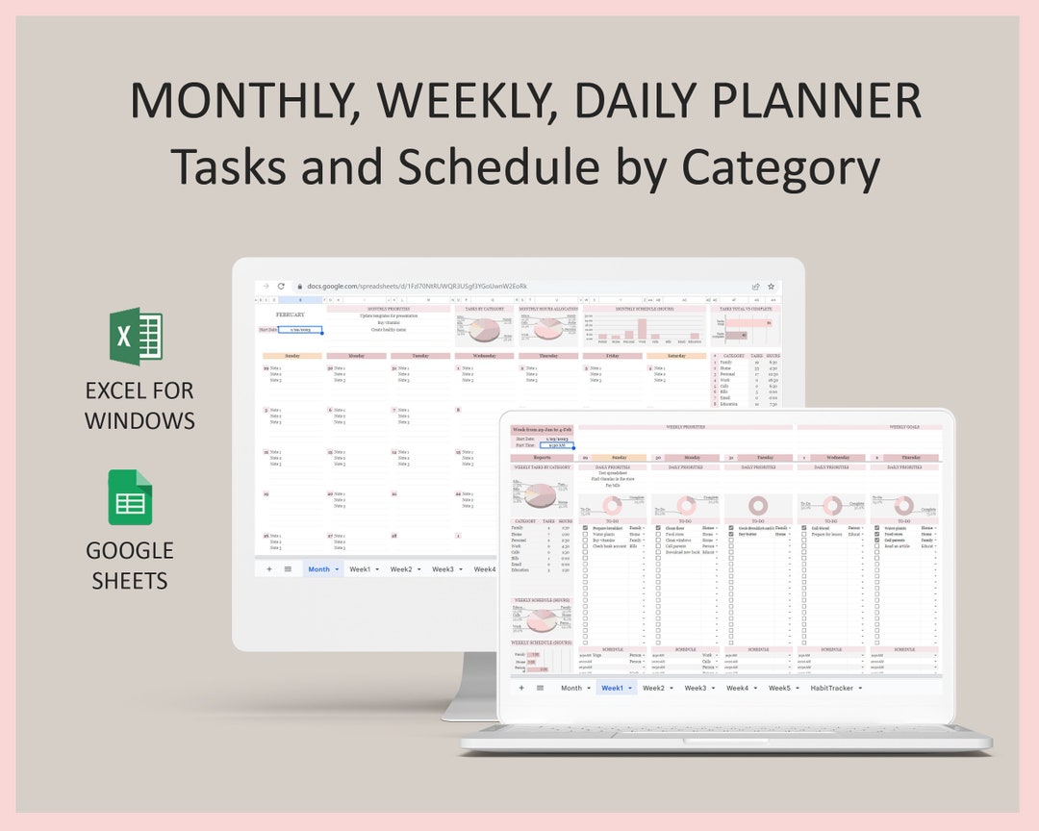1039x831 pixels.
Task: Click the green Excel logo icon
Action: coord(136,337)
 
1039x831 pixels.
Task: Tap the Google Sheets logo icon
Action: coord(130,497)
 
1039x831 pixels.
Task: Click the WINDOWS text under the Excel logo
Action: coord(139,420)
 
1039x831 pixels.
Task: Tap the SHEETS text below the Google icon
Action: coord(130,581)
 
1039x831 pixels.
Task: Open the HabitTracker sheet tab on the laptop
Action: coord(833,688)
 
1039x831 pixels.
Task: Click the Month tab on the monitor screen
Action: coord(318,569)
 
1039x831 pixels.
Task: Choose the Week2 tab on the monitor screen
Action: coord(400,569)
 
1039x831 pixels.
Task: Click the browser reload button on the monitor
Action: coord(281,287)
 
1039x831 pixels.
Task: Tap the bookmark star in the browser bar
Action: coord(771,287)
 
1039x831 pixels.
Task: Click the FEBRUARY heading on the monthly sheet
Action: coord(290,315)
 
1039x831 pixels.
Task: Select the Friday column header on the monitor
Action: coord(612,356)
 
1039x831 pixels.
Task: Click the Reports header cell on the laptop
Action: coord(542,458)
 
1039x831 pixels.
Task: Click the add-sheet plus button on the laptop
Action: coord(521,688)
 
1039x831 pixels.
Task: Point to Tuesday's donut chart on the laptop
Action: coord(757,505)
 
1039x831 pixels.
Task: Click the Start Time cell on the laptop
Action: coord(556,446)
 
